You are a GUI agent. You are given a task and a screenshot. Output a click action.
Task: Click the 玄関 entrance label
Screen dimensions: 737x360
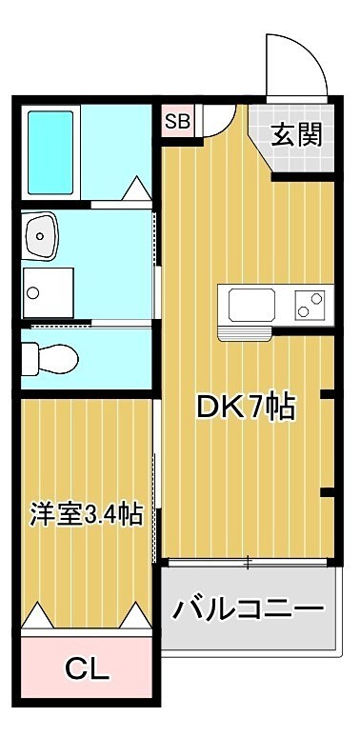[296, 134]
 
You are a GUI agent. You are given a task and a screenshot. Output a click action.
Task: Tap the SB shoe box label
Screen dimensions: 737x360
[177, 121]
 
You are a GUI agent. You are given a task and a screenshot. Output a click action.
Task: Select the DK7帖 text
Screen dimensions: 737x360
[245, 407]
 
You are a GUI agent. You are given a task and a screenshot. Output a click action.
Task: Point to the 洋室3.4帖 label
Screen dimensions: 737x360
[88, 515]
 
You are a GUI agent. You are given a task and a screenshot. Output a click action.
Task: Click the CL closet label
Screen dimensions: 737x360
[87, 667]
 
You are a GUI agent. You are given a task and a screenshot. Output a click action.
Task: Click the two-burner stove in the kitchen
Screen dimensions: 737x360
[310, 305]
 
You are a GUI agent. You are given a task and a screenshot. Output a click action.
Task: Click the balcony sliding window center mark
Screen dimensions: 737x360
[248, 562]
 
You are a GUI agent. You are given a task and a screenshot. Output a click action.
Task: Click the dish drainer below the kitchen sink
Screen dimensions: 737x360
[245, 331]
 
